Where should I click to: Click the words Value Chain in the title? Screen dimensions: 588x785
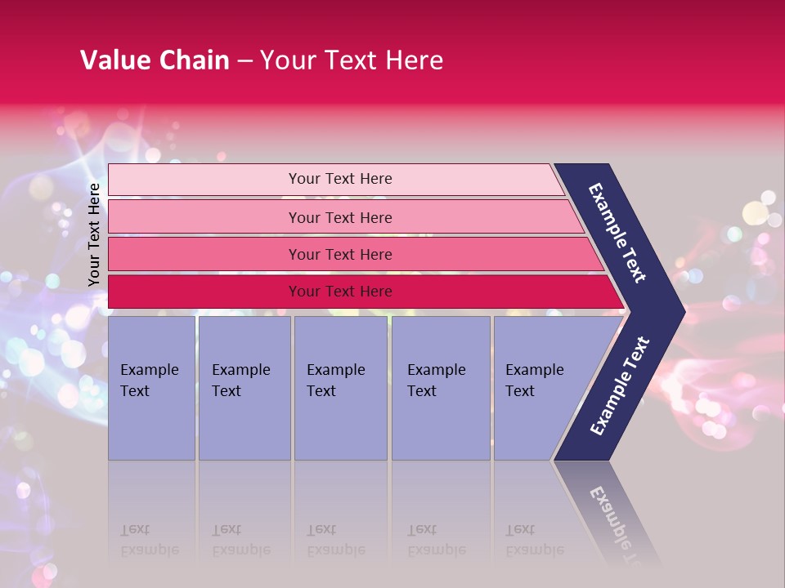click(x=155, y=60)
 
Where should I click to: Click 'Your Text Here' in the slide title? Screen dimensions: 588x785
click(x=352, y=60)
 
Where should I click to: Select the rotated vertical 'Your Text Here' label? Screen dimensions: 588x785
click(x=94, y=234)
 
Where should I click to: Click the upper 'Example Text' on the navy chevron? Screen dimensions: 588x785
click(x=617, y=233)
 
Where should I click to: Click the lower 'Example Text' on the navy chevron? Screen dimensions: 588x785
click(x=620, y=386)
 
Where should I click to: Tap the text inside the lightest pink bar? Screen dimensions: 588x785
click(x=340, y=179)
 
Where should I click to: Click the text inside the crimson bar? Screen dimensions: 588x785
click(x=340, y=292)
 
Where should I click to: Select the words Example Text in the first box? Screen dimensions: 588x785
click(x=149, y=380)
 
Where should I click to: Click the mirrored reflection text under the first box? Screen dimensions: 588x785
click(x=149, y=541)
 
